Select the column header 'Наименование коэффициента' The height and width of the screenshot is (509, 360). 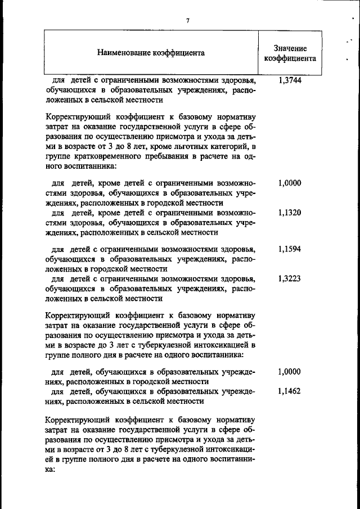tap(151, 53)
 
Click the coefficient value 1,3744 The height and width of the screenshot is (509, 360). tap(290, 80)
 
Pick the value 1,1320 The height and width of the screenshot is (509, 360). tap(290, 213)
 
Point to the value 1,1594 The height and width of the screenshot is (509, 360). tap(290, 249)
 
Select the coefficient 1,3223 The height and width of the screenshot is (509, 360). tap(290, 278)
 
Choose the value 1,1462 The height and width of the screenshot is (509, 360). tap(290, 392)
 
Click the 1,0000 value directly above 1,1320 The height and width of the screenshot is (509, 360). tap(290, 183)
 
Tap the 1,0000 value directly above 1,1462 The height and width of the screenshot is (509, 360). tap(290, 372)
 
